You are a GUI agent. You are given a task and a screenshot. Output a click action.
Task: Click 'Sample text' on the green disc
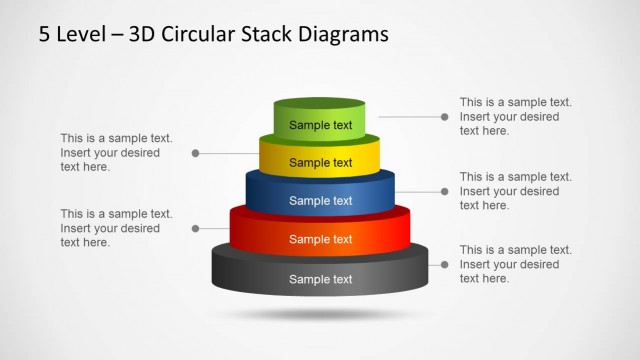pyautogui.click(x=321, y=125)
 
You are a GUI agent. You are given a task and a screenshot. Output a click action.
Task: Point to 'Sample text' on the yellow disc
pyautogui.click(x=321, y=162)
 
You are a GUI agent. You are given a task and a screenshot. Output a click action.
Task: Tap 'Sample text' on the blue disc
pyautogui.click(x=321, y=200)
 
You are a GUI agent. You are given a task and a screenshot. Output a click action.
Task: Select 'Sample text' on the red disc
pyautogui.click(x=321, y=239)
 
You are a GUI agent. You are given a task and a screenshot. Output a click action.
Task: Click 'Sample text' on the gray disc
pyautogui.click(x=321, y=279)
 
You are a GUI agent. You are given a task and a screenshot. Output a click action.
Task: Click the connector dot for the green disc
pyautogui.click(x=444, y=117)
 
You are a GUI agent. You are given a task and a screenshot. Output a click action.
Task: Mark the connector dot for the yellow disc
pyautogui.click(x=195, y=153)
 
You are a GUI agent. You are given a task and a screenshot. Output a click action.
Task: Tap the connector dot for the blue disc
pyautogui.click(x=444, y=191)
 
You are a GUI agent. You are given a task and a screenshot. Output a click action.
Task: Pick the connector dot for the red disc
pyautogui.click(x=195, y=228)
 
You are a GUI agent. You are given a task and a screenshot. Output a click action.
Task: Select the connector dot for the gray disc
pyautogui.click(x=444, y=264)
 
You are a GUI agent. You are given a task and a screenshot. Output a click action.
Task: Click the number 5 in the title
pyautogui.click(x=45, y=35)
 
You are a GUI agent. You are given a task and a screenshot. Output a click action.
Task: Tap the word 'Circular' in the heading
pyautogui.click(x=228, y=35)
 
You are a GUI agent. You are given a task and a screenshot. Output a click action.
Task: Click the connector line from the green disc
pyautogui.click(x=410, y=117)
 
